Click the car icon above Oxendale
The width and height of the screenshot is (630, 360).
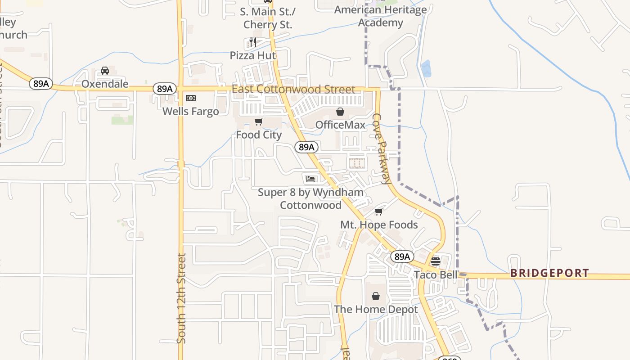104,71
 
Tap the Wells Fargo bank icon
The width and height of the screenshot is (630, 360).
191,98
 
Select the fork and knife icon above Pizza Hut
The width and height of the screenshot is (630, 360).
252,42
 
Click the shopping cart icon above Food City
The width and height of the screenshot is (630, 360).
258,121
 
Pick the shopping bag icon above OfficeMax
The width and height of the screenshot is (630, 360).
340,112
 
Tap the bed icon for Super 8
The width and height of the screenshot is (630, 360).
310,179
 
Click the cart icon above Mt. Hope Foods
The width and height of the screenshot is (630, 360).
378,211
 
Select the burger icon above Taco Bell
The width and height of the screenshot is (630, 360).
435,261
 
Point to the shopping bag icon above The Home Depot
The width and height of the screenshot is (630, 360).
376,296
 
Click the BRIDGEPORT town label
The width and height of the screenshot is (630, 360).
549,273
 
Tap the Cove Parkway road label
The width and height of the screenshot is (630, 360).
381,148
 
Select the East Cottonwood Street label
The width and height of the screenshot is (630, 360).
293,89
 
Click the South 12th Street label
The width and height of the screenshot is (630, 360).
181,298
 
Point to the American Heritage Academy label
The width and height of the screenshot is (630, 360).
381,16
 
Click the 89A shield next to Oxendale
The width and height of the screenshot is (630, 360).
40,84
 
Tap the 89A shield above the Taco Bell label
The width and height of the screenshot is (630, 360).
401,256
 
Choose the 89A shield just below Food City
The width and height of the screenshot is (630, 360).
306,147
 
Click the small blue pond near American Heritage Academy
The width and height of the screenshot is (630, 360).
426,68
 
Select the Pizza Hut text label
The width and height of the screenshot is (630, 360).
252,55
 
